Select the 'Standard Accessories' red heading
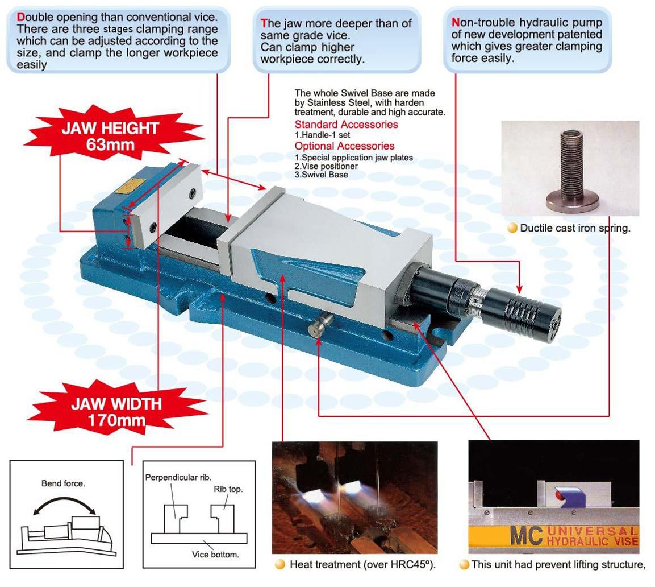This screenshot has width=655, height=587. pos(346,124)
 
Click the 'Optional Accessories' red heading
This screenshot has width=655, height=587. pos(344,146)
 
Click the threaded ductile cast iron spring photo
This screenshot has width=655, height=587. pos(570,168)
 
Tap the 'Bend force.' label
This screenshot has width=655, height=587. pos(63,483)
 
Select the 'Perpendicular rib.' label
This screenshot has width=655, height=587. pos(178,477)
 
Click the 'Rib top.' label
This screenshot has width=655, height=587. pos(228,489)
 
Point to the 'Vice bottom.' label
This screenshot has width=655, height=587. pos(215,555)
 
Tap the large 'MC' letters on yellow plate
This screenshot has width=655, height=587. pos(527,536)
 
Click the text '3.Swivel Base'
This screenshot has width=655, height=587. pos(321,175)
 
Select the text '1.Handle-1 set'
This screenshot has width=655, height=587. pos(322,135)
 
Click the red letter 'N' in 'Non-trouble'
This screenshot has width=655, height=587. pos(456,22)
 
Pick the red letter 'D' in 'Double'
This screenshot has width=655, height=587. pos(20,17)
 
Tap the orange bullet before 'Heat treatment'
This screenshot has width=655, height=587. pos(279,564)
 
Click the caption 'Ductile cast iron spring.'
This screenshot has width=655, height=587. pos(575,228)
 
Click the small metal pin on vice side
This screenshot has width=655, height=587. pos(321,324)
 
